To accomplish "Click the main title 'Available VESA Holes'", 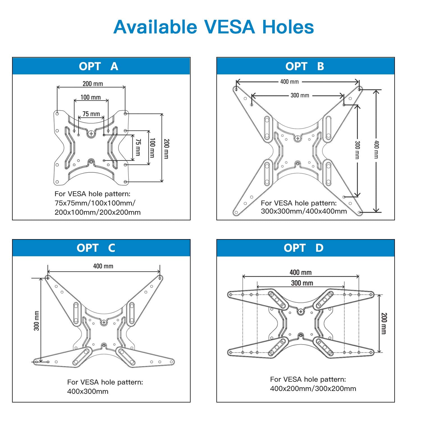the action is pyautogui.click(x=214, y=27).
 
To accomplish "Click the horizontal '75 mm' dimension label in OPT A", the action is pyautogui.click(x=91, y=114).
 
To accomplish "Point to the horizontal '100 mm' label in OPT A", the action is pyautogui.click(x=91, y=97).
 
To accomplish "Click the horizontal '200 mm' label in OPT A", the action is pyautogui.click(x=93, y=84).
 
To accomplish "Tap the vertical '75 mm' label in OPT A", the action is pyautogui.click(x=138, y=147).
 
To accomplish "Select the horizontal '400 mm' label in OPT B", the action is pyautogui.click(x=289, y=82).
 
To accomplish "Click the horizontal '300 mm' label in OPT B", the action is pyautogui.click(x=300, y=95).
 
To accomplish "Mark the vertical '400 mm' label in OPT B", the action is pyautogui.click(x=377, y=150).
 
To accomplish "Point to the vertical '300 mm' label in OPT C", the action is pyautogui.click(x=36, y=321).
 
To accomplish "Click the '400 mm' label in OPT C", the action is pyautogui.click(x=103, y=266).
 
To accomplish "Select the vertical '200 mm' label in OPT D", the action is pyautogui.click(x=384, y=323).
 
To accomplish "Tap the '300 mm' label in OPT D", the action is pyautogui.click(x=302, y=283).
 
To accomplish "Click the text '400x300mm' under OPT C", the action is pyautogui.click(x=88, y=392).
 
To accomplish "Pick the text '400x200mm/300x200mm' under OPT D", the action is pyautogui.click(x=313, y=388).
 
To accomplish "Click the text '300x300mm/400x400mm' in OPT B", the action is pyautogui.click(x=304, y=211).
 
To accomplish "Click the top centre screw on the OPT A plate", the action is pyautogui.click(x=91, y=134).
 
